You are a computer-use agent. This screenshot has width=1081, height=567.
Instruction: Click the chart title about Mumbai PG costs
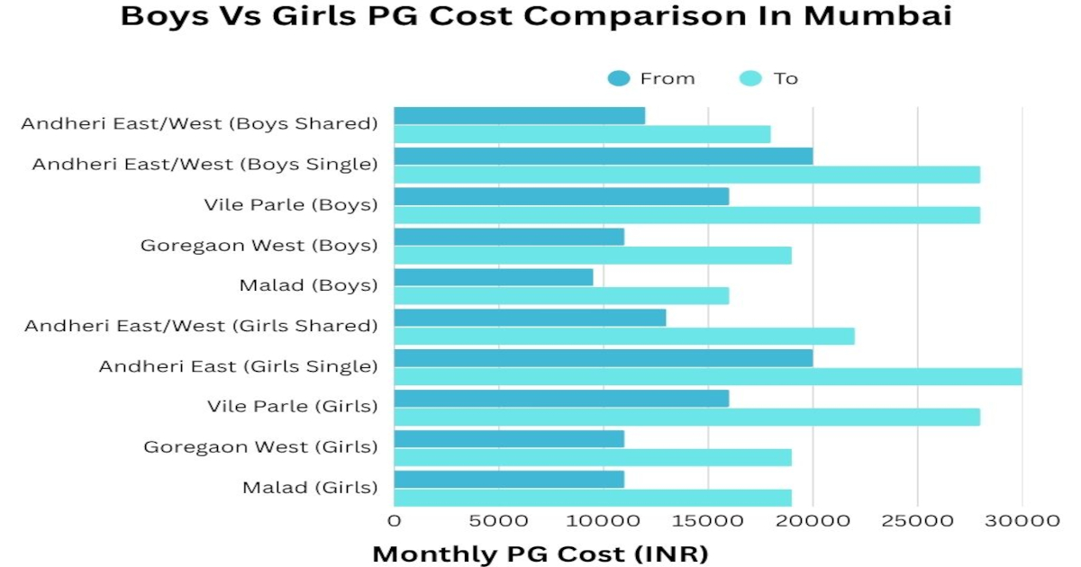(536, 16)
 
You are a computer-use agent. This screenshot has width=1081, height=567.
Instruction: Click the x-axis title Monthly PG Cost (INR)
(540, 553)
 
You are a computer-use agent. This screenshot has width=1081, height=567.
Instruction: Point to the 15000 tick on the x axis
(707, 520)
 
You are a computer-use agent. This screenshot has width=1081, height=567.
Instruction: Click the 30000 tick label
(1022, 520)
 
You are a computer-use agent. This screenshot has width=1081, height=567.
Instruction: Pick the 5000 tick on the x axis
(499, 520)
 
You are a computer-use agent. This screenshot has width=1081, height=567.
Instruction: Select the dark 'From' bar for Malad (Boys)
(494, 277)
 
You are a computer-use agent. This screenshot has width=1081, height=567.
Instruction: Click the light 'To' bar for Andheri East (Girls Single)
(708, 376)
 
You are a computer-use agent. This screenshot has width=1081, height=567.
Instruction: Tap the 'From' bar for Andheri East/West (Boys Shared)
(520, 115)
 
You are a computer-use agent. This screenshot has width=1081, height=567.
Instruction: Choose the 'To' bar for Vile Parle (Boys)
(687, 215)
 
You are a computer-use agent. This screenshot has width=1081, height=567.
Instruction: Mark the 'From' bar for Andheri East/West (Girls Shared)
(531, 318)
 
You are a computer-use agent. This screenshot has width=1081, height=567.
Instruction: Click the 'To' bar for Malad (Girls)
(593, 498)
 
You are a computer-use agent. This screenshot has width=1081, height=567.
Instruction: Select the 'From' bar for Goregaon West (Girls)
(509, 439)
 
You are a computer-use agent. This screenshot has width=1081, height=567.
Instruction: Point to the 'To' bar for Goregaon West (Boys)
(593, 256)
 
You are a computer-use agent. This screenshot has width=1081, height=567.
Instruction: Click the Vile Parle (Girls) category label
(292, 407)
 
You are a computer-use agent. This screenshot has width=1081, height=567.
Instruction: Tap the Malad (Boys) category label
(308, 285)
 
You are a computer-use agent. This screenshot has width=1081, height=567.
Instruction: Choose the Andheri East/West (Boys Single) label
(204, 164)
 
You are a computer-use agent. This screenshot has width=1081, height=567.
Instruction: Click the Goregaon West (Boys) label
(259, 245)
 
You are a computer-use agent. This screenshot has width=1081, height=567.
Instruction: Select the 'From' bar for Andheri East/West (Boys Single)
(604, 156)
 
